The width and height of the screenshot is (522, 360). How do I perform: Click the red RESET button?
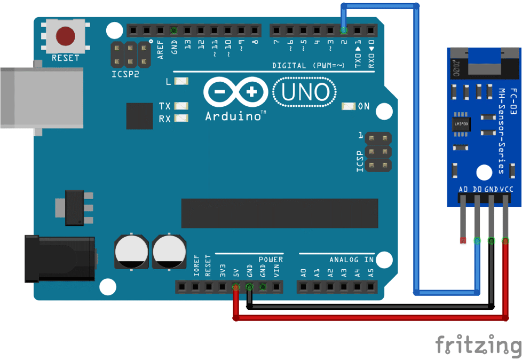click(65, 36)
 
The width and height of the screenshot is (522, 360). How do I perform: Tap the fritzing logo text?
click(477, 345)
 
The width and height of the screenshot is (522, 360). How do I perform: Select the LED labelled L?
click(181, 82)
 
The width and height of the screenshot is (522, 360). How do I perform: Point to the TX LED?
click(181, 106)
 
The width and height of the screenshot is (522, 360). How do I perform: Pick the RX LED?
click(181, 118)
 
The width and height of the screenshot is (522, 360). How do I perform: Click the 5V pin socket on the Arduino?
click(235, 287)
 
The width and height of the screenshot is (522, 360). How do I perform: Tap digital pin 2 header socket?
click(344, 30)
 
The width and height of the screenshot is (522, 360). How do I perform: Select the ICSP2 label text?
click(125, 74)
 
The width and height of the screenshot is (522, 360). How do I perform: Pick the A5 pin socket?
click(371, 287)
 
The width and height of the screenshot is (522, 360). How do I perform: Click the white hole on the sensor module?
click(484, 173)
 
